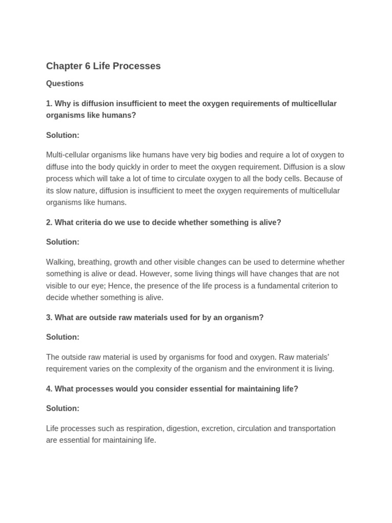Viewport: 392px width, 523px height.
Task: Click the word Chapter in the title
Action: click(64, 66)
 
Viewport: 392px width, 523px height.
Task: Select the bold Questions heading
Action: click(65, 84)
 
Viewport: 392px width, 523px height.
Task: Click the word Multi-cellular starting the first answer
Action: click(71, 155)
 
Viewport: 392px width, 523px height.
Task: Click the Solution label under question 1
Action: click(63, 135)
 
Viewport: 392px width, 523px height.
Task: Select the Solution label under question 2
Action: click(63, 242)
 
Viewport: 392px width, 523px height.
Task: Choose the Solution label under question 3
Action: click(63, 337)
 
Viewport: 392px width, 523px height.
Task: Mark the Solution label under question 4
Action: click(63, 409)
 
